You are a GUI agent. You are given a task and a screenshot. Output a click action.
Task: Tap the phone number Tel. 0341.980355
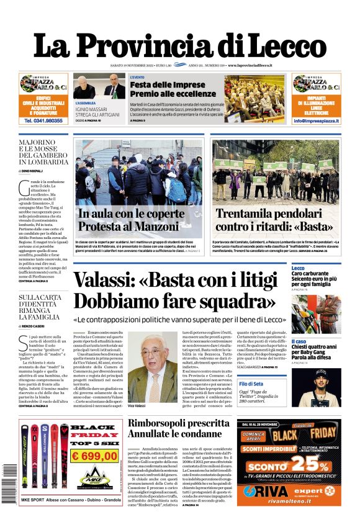coord(43,121)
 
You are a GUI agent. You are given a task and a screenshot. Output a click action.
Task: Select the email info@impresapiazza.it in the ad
coord(316,121)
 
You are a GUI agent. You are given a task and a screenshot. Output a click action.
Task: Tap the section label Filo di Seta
coord(304,385)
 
